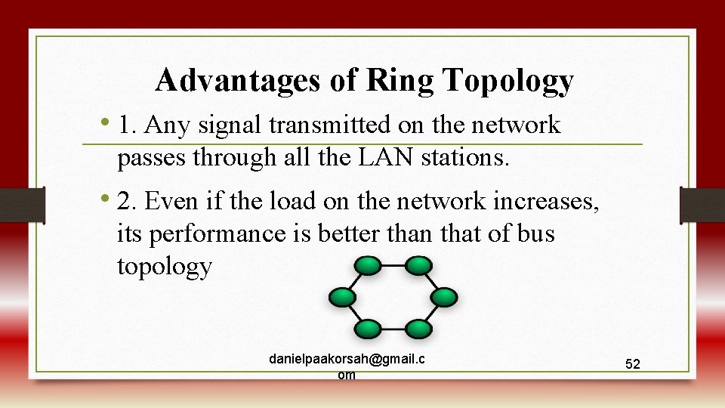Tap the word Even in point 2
[x=169, y=201]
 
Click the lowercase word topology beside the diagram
[x=165, y=267]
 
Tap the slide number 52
[x=633, y=364]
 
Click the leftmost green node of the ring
[x=341, y=297]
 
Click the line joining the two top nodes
[x=393, y=265]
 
